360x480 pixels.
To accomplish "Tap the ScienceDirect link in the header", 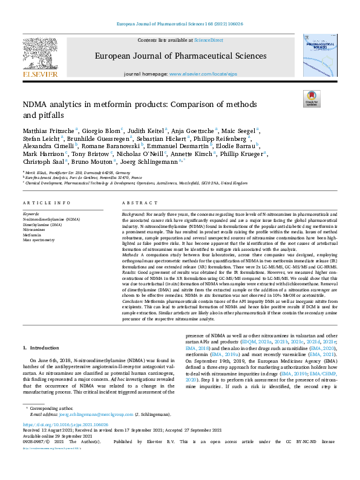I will [208, 40].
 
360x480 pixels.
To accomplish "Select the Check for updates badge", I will [311, 99].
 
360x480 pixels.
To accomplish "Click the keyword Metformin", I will [33, 218].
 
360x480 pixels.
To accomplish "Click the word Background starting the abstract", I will [134, 197].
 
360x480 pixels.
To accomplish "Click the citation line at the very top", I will [180, 24].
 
